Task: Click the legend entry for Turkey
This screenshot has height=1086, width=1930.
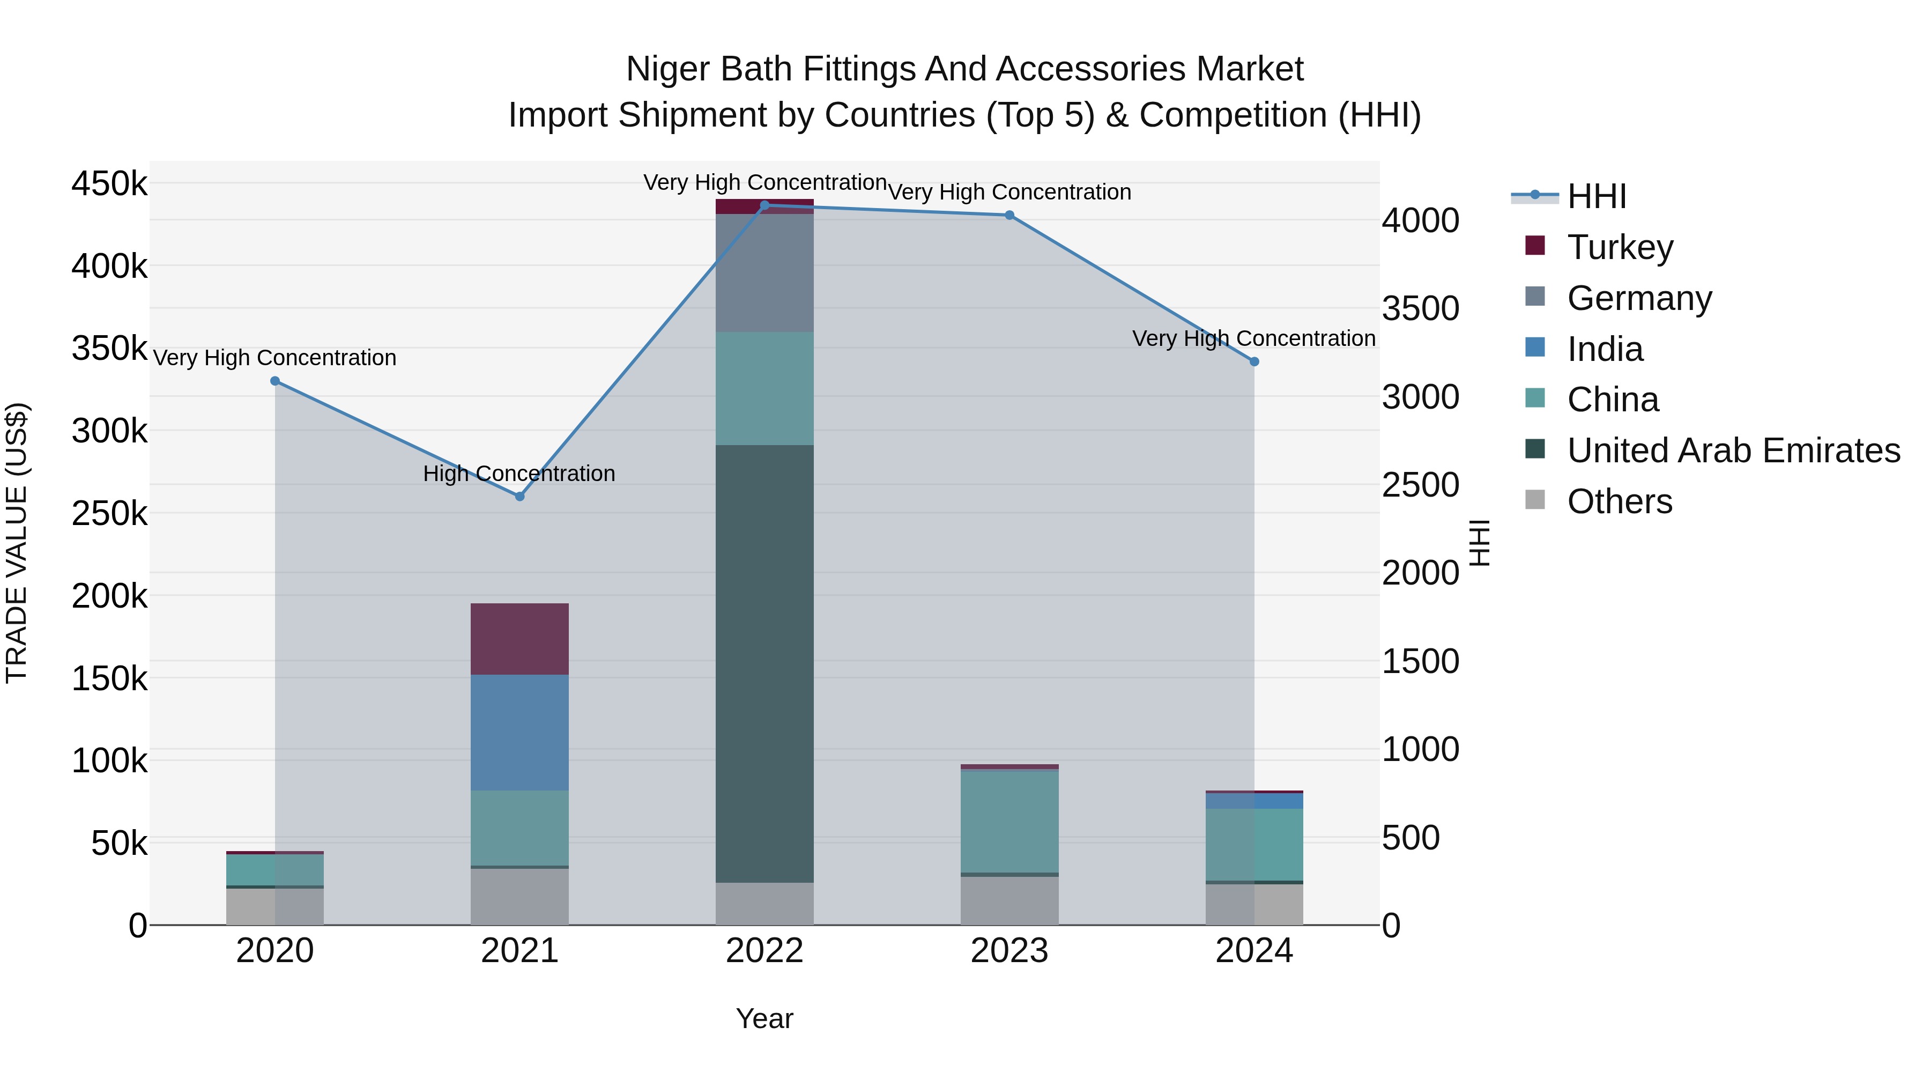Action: click(x=1619, y=247)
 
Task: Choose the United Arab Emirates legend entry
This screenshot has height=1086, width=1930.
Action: click(x=1733, y=450)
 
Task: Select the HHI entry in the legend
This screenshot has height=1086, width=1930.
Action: click(x=1596, y=196)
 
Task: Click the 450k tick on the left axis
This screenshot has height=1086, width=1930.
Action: click(x=109, y=183)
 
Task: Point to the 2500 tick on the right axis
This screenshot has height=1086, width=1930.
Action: click(x=1421, y=485)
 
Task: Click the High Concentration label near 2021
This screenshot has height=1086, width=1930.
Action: click(x=519, y=474)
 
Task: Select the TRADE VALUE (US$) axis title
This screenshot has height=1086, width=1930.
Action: click(x=17, y=543)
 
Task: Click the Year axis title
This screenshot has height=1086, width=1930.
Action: click(x=764, y=1018)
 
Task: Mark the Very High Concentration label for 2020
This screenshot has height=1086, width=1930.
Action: click(x=275, y=358)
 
